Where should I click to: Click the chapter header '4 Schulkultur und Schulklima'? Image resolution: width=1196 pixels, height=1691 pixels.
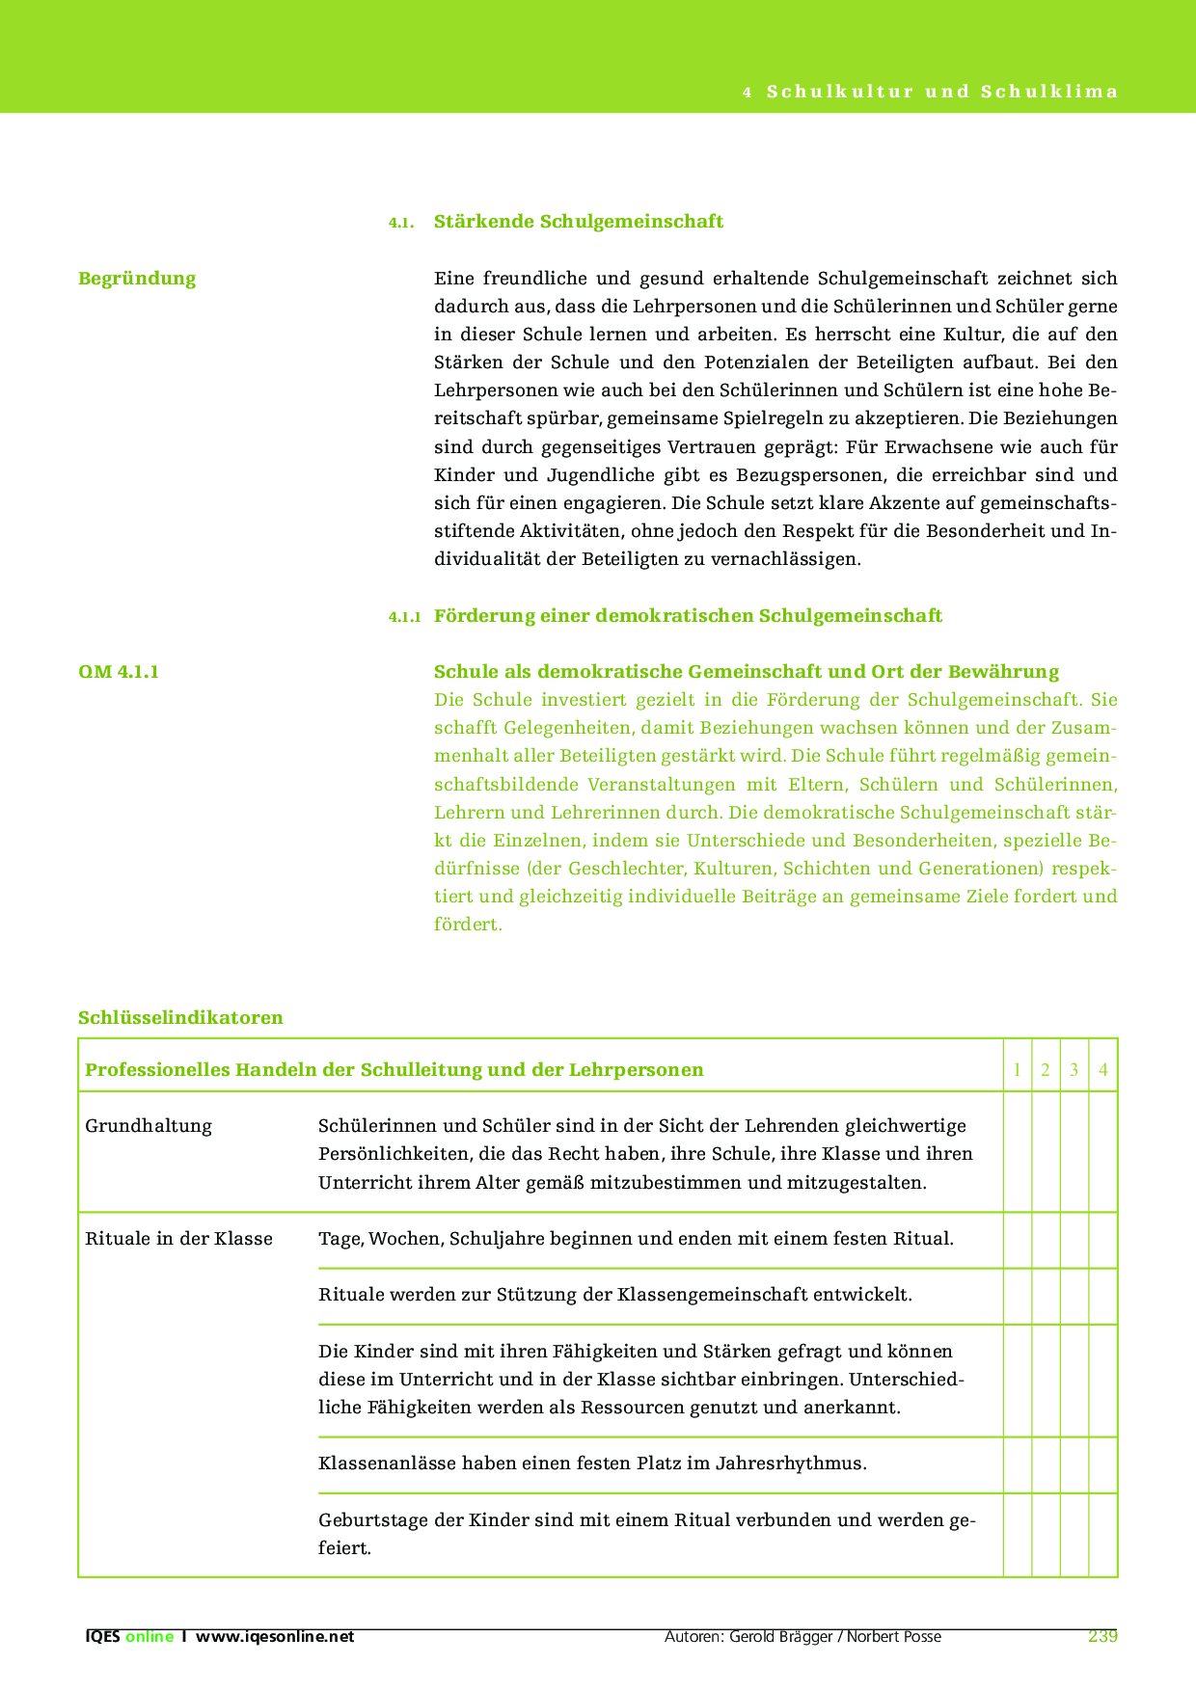(x=931, y=93)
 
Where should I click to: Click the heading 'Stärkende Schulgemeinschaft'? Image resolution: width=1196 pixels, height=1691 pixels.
(x=578, y=222)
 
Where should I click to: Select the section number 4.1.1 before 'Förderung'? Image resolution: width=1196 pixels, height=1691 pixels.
(x=404, y=617)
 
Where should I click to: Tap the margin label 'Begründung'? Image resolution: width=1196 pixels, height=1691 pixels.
(x=137, y=279)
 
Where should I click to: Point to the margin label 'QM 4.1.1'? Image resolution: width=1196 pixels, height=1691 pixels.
(x=119, y=672)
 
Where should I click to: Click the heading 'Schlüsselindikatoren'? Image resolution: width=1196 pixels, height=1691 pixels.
(x=180, y=1018)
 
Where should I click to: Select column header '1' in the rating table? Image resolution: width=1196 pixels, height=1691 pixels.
(x=1018, y=1070)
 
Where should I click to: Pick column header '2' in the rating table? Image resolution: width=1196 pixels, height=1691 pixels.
(x=1046, y=1070)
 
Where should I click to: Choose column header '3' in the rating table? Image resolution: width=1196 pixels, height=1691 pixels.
(x=1074, y=1070)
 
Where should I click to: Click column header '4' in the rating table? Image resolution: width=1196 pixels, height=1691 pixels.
(x=1103, y=1070)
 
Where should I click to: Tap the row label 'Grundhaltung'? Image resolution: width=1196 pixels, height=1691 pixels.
(x=149, y=1126)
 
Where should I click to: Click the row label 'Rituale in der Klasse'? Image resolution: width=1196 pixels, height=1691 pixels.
(x=178, y=1239)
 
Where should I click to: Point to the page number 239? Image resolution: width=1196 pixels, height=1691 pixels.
(x=1102, y=1636)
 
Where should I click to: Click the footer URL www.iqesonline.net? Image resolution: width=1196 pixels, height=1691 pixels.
(x=275, y=1637)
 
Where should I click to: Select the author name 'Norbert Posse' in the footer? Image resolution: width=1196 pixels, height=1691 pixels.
(x=894, y=1637)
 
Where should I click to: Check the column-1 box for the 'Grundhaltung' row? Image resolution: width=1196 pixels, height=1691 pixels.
(x=1018, y=1152)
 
